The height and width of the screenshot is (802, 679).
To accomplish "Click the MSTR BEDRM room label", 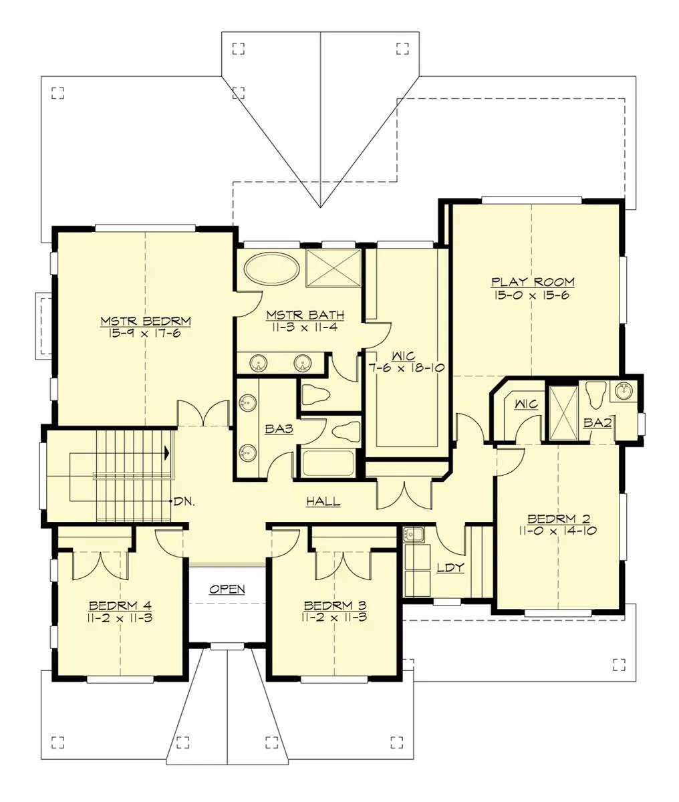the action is (146, 321).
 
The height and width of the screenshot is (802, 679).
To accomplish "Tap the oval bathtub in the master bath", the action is (271, 269).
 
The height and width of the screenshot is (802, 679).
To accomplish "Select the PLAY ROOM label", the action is (533, 281).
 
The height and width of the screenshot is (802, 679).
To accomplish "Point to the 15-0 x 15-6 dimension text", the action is (531, 295).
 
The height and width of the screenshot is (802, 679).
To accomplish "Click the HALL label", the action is (323, 501).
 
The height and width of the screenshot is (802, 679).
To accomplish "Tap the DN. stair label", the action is (184, 501).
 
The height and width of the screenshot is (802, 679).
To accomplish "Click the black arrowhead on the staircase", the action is (166, 452).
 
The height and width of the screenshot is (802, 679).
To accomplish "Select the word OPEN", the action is (227, 589).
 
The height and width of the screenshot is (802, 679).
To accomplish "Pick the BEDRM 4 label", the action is (120, 606).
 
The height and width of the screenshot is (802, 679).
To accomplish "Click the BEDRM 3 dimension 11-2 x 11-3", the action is (334, 618).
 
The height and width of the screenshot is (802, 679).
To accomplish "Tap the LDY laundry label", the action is (450, 567).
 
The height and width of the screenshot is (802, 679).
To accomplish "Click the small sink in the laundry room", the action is (414, 535).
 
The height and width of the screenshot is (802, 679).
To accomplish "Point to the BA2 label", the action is (597, 423).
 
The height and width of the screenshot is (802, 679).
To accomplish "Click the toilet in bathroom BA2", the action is (595, 394).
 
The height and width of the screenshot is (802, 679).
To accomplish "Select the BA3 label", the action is (279, 429).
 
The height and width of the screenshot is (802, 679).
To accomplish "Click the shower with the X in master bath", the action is (333, 268).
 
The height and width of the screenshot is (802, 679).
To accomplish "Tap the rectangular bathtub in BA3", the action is (327, 463).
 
